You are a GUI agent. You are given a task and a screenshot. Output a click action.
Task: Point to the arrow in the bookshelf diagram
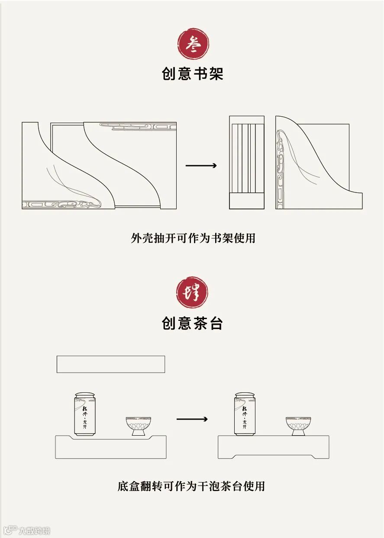201,166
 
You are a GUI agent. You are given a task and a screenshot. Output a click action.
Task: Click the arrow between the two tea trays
192,419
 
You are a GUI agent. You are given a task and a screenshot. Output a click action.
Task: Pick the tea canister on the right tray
245,414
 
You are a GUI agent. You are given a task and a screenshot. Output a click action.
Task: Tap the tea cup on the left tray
139,426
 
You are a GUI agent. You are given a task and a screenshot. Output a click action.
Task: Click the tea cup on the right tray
298,426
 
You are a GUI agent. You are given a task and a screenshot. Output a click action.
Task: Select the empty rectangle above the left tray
111,364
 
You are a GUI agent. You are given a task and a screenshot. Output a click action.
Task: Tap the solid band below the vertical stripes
247,201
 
